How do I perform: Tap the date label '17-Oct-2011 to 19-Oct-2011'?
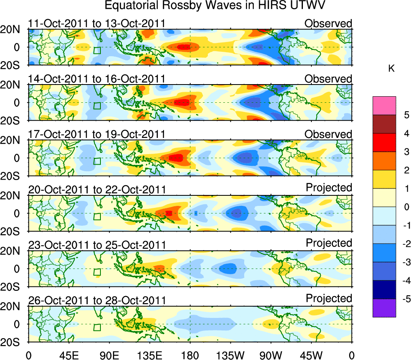click(x=96, y=134)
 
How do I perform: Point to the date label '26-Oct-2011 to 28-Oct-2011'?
click(x=96, y=301)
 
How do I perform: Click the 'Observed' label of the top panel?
click(x=328, y=23)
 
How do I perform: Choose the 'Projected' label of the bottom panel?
click(x=329, y=299)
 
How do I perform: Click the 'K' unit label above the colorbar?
click(x=391, y=69)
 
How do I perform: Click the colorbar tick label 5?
click(x=405, y=115)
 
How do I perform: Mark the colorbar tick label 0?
click(x=405, y=207)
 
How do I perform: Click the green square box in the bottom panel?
click(x=97, y=327)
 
